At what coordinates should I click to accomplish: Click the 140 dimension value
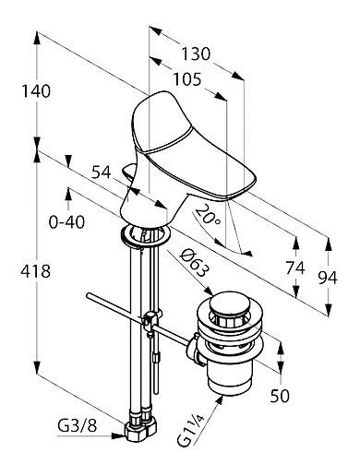coord(36,91)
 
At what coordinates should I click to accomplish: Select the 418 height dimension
coord(36,271)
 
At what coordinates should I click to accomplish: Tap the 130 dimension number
coord(196,54)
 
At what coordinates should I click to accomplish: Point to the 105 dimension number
coord(187,79)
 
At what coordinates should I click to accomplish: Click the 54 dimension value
coord(102,173)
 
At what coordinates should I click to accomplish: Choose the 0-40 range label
coord(66,221)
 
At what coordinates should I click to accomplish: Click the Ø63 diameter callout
coord(195,263)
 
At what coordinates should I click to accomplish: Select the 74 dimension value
coord(295,268)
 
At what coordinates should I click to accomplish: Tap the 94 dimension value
coord(328,278)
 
